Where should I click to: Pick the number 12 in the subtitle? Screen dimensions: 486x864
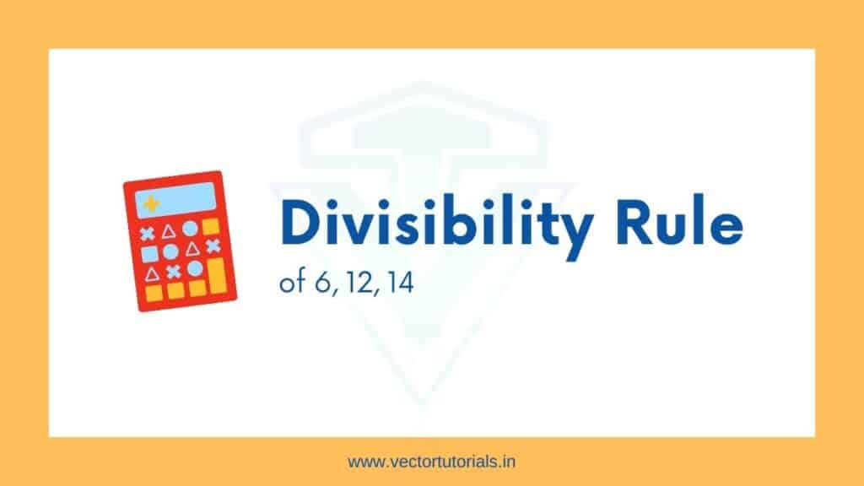click(355, 284)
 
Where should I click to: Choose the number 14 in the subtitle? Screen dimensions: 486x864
click(397, 284)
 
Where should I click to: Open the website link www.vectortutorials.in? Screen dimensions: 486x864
click(431, 462)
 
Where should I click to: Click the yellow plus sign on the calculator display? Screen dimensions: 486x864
click(151, 204)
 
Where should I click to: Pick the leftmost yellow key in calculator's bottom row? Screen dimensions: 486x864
click(154, 293)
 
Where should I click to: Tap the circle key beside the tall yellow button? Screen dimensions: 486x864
click(195, 267)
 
